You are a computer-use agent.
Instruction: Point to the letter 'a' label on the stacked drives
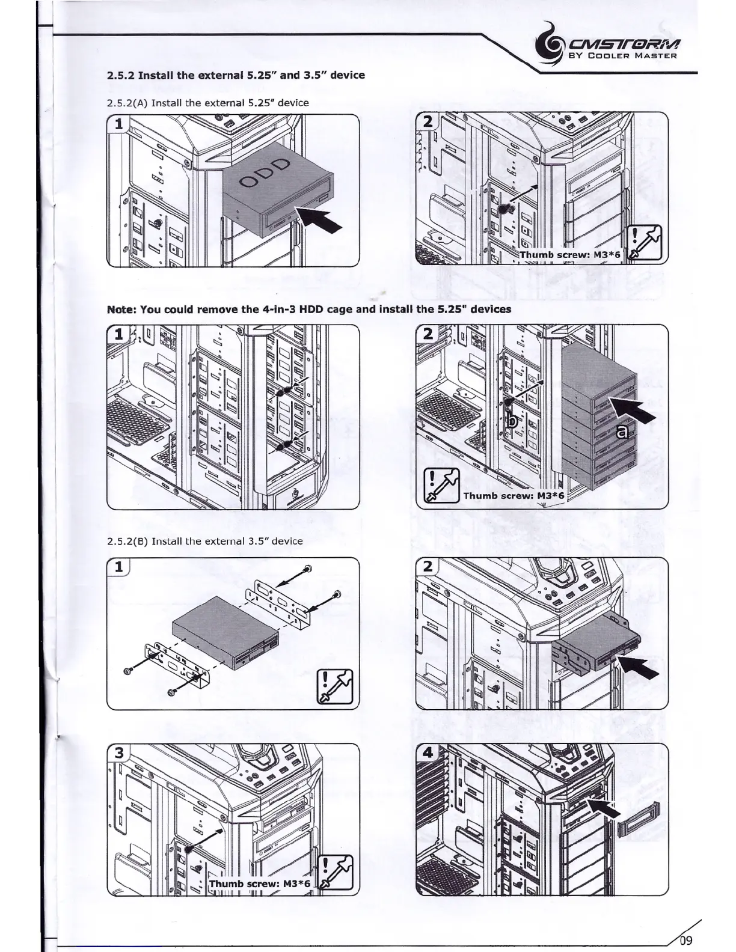(x=624, y=430)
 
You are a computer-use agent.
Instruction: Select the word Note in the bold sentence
(x=122, y=310)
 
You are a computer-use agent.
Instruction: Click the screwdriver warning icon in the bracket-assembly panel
(x=335, y=686)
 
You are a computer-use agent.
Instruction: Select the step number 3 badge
(x=119, y=753)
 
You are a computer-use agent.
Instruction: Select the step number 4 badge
(x=428, y=753)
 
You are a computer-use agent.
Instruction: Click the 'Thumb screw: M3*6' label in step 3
(x=260, y=883)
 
